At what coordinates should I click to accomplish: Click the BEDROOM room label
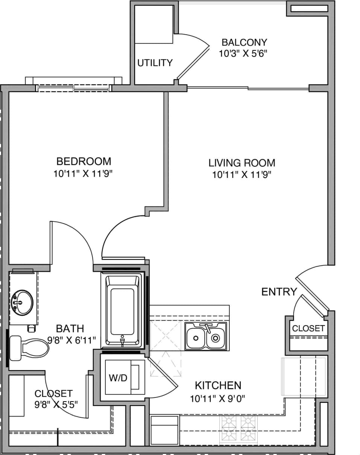pos(84,161)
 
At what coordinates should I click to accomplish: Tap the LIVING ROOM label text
pos(242,163)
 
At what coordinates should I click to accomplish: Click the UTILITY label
pos(155,63)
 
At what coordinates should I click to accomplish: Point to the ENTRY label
pos(279,291)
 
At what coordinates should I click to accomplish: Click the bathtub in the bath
pos(122,310)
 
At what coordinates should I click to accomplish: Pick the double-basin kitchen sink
pos(206,336)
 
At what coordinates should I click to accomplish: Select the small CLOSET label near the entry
pos(308,328)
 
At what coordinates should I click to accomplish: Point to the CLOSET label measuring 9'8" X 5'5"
pos(53,394)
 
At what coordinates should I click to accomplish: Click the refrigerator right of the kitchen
pos(303,377)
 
